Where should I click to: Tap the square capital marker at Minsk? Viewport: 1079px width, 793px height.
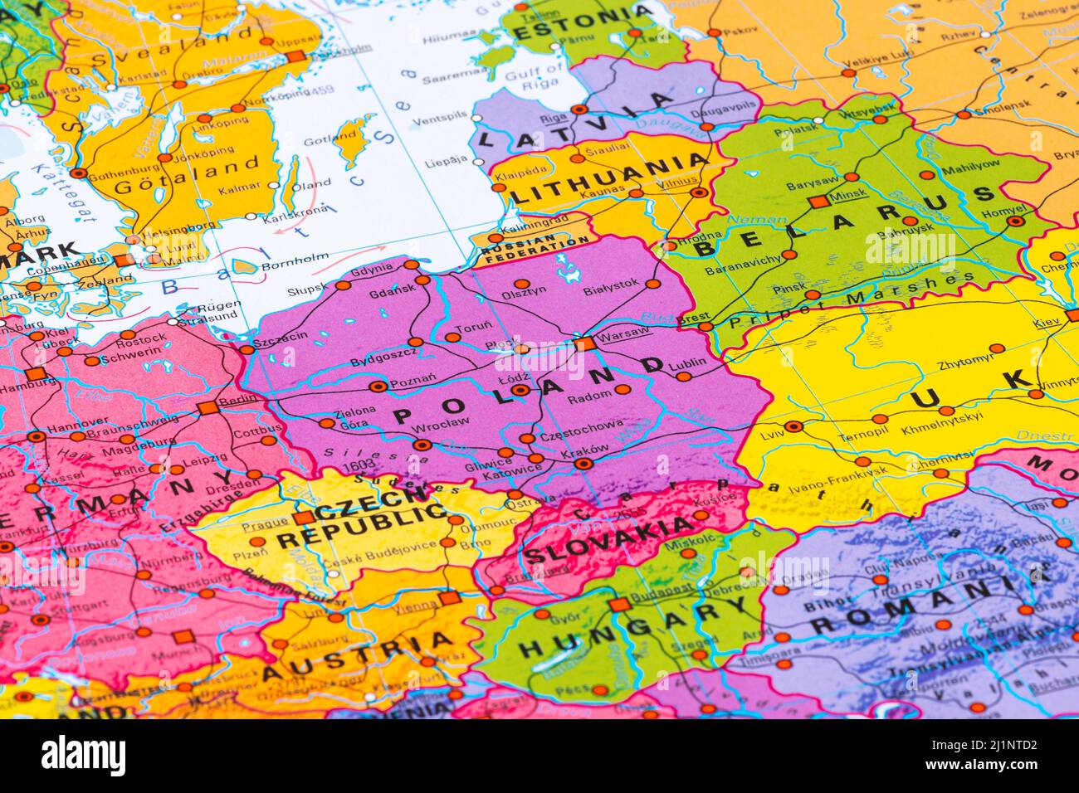(x=818, y=202)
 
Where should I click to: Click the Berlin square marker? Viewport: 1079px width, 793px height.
(x=207, y=407)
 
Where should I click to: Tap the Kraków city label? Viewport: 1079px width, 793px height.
(x=587, y=449)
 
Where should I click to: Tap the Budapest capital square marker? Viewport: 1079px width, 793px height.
(x=617, y=605)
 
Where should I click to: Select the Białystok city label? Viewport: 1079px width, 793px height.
(x=611, y=283)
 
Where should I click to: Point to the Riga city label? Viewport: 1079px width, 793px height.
(x=554, y=118)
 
